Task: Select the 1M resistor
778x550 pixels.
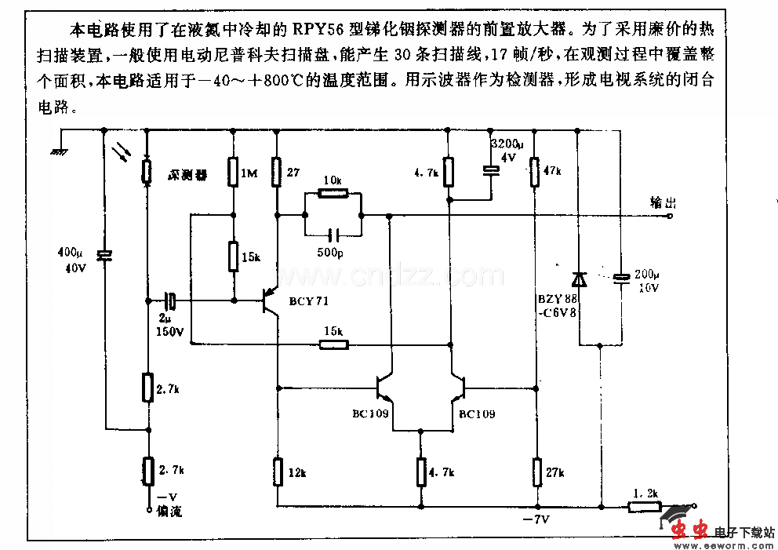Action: (233, 170)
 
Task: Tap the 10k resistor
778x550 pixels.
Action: (332, 193)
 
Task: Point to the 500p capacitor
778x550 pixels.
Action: (333, 234)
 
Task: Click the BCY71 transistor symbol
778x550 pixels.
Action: (271, 300)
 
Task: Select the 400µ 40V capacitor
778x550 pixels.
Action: (103, 255)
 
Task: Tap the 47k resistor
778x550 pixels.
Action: (535, 171)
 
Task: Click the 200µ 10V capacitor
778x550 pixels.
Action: (621, 278)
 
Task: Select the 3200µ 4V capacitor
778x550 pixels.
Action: (491, 169)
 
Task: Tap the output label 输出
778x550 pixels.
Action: (662, 202)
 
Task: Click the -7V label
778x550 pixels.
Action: (533, 520)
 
